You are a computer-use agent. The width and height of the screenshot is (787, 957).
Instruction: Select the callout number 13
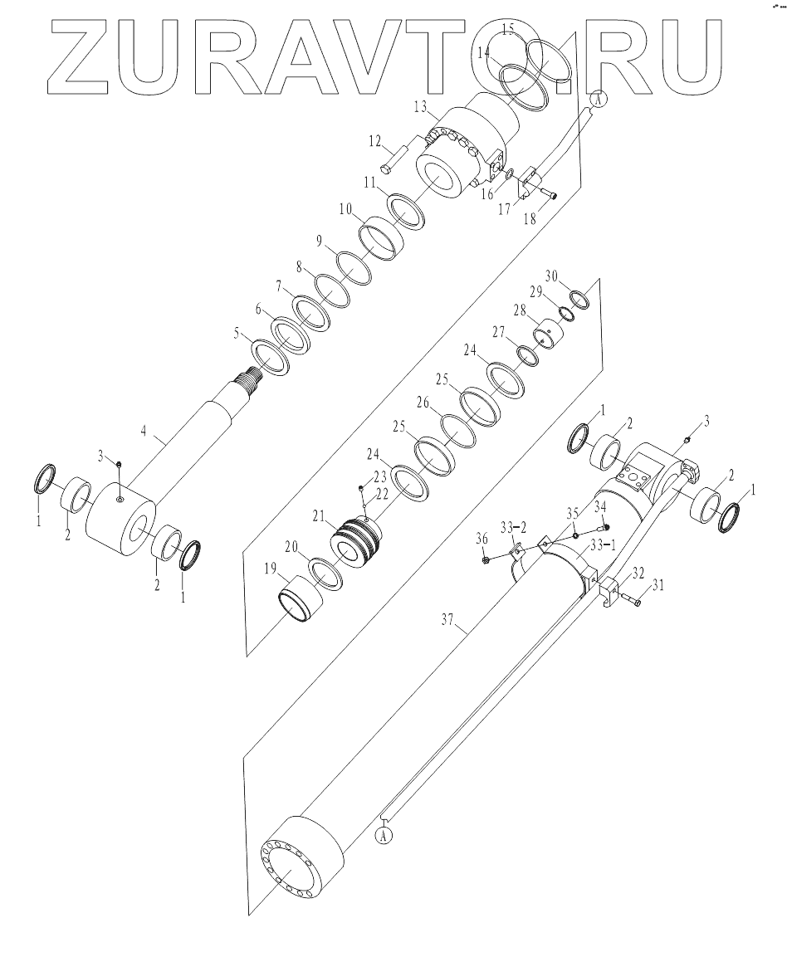coord(420,105)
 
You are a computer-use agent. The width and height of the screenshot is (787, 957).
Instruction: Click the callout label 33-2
coord(511,529)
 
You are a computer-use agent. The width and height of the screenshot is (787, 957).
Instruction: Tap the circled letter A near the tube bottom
coord(384,835)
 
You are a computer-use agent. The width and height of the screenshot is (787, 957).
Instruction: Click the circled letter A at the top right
coord(597,99)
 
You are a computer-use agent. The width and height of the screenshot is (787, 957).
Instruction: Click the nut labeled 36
coord(486,561)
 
